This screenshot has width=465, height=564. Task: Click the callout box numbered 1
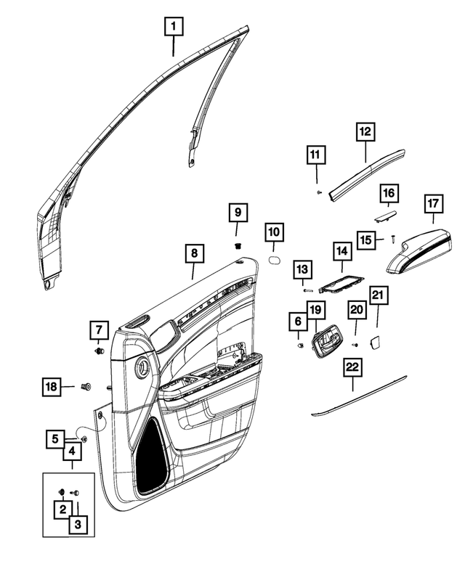point(173,28)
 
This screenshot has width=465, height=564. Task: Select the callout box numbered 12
point(365,132)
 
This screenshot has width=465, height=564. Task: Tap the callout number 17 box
point(432,204)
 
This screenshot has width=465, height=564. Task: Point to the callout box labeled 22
point(352,369)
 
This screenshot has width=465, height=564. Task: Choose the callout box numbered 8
point(193,254)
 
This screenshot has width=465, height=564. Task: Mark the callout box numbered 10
point(274,233)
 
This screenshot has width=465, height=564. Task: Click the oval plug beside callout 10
point(275,259)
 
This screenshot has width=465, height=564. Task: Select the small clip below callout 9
point(238,247)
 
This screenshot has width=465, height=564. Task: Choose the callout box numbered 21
point(379,296)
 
